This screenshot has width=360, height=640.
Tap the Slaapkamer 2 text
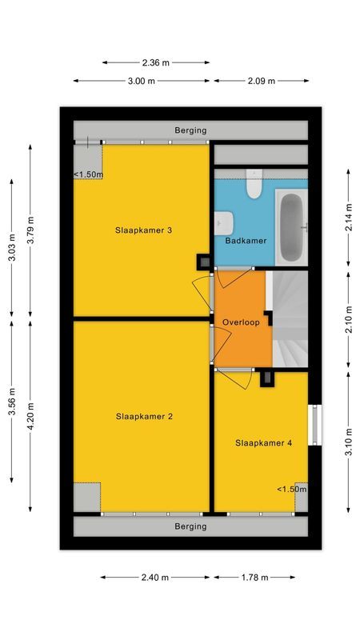[x=144, y=416]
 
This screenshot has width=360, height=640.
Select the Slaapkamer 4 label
[x=263, y=442]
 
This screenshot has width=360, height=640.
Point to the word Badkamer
[x=246, y=240]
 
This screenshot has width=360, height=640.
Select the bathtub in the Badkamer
[x=290, y=226]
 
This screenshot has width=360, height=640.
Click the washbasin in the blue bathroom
[x=224, y=221]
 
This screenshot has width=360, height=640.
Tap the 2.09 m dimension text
[x=260, y=81]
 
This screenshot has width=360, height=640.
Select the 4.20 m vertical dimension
[x=30, y=415]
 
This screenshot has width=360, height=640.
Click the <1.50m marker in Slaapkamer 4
[x=291, y=490]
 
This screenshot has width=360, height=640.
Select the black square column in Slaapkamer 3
[x=205, y=261]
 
